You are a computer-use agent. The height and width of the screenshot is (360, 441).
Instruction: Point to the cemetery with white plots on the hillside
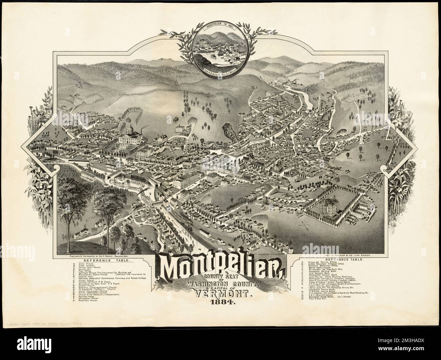[x=356, y=99]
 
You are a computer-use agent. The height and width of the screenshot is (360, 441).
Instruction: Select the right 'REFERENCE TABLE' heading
[x=340, y=259]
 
